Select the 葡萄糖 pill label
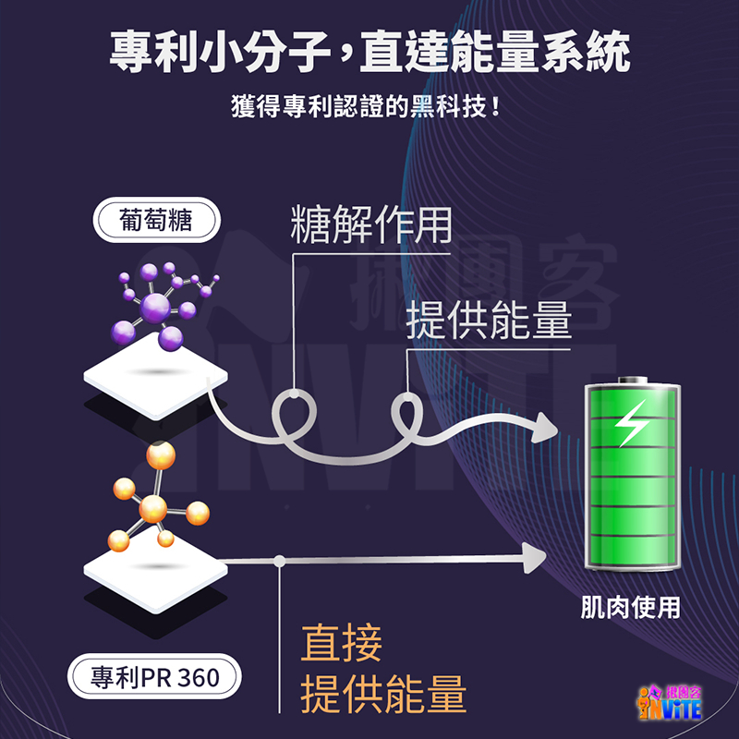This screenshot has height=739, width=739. pos(155,220)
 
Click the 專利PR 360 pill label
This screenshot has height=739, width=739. pos(155,677)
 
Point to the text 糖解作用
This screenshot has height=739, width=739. pos(370,225)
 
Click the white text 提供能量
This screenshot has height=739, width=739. pos(489,319)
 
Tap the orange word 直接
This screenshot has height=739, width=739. pos(342,644)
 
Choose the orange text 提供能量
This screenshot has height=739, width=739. pos(383,695)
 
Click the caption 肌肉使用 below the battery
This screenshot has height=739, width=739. pos(630,608)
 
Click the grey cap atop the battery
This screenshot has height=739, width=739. pos(632,380)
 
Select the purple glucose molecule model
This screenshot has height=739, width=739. pos(162,300)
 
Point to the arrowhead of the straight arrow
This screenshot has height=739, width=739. pos(534,556)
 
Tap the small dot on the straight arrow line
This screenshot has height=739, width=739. pos(279,559)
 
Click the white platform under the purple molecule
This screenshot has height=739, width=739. pos(155,370)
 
